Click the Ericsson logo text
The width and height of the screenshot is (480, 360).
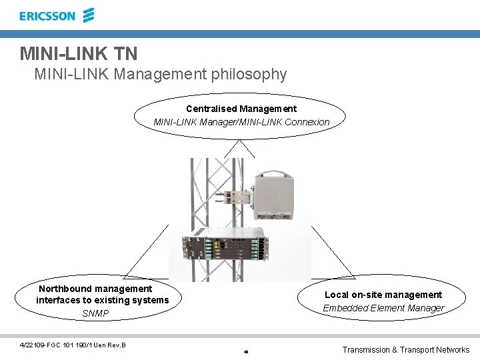(47, 16)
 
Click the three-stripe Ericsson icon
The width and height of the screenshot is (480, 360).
(88, 15)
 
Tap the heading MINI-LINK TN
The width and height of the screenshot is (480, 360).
(79, 53)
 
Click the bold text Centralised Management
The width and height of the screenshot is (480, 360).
(241, 108)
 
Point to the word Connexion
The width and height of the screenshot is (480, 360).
(307, 122)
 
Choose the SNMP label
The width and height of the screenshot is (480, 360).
(95, 313)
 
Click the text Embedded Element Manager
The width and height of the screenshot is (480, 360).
(383, 308)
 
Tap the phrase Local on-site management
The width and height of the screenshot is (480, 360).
(383, 295)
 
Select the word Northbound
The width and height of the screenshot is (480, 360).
(67, 289)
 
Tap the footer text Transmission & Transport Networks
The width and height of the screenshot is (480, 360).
(405, 349)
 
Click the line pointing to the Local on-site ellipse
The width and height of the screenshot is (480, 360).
(333, 251)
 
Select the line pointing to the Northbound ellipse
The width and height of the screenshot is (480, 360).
(147, 251)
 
